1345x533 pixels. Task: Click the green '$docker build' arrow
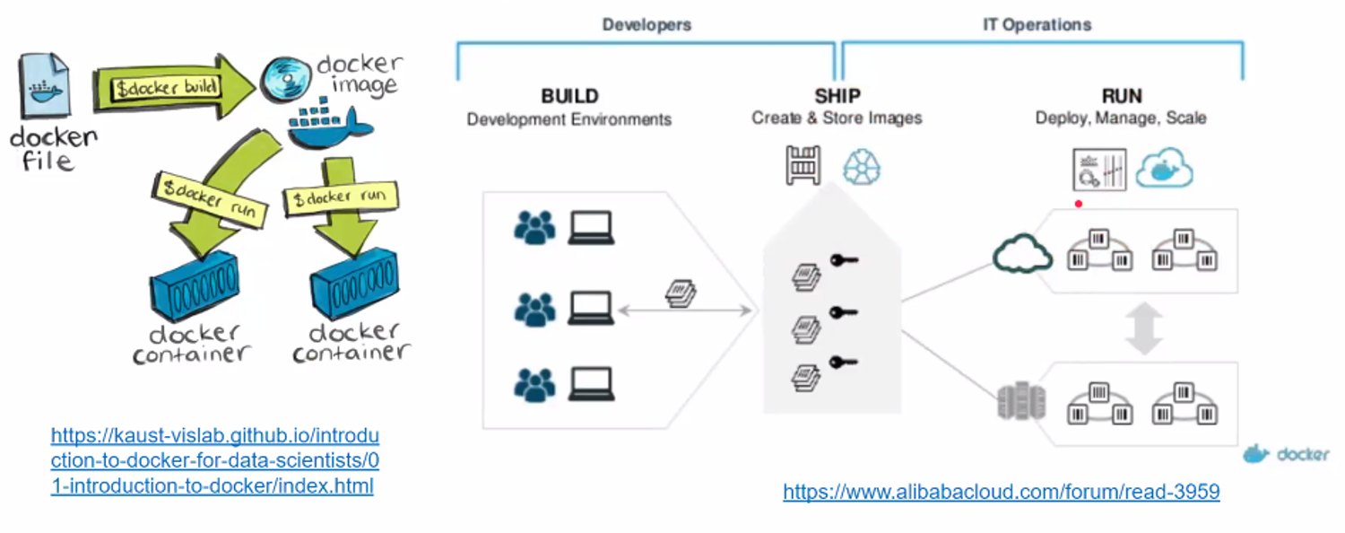click(x=170, y=87)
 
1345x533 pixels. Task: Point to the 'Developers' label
click(x=646, y=25)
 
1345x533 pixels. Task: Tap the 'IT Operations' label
click(x=1037, y=25)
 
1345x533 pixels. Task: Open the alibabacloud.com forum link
click(x=1001, y=492)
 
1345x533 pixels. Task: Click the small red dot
click(x=1079, y=204)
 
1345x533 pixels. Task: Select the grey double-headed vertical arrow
click(x=1144, y=328)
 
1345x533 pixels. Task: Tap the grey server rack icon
click(x=1010, y=400)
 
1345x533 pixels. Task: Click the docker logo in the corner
click(x=1286, y=455)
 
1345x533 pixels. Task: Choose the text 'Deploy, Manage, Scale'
click(x=1121, y=118)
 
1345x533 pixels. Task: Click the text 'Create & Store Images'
click(x=837, y=118)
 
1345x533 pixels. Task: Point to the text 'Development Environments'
click(x=569, y=119)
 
